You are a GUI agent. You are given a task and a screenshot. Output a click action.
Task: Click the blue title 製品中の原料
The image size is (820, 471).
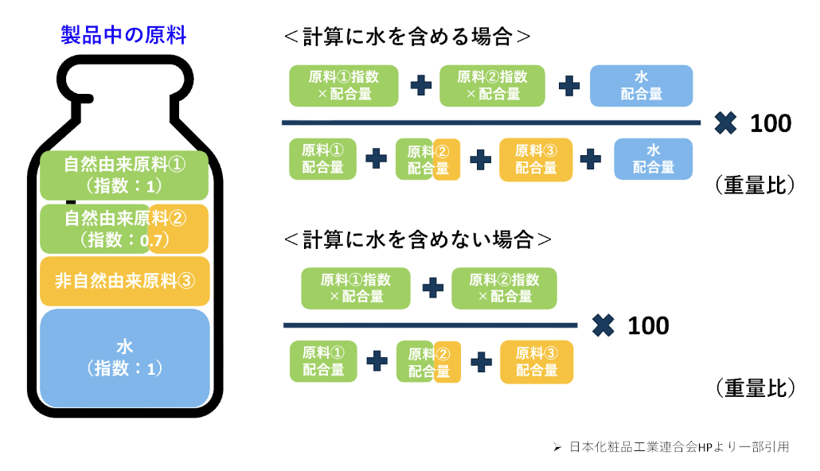[123, 35]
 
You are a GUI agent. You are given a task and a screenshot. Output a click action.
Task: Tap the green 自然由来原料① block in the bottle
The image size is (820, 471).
[123, 175]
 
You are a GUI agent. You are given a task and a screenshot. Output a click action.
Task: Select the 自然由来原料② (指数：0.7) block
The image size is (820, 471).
[123, 228]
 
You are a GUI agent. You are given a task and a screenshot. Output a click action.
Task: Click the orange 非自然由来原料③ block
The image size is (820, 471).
[124, 281]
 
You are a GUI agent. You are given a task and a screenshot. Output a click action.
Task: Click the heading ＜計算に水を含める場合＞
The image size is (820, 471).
[407, 37]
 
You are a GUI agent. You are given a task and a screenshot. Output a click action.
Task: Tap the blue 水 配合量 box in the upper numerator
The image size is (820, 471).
[641, 85]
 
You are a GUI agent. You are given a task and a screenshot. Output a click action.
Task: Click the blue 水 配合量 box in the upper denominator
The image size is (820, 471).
[653, 158]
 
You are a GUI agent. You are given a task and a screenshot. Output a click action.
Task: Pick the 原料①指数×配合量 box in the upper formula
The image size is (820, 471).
[343, 85]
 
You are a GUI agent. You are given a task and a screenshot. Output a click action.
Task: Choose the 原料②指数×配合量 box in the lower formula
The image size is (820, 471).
[504, 288]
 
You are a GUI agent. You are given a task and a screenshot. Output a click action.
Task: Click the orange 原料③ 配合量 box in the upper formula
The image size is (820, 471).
[536, 158]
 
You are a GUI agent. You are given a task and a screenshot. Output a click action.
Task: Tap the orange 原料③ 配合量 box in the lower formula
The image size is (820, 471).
[536, 362]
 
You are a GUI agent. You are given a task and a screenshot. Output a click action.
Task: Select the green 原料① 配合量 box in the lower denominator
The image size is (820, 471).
[323, 362]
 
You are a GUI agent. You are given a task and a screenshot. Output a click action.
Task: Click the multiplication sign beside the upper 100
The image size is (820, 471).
[724, 123]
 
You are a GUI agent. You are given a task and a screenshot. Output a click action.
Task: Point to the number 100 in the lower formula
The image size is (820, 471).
[648, 326]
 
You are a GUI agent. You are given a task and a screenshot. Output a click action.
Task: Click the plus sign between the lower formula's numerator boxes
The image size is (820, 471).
[432, 288]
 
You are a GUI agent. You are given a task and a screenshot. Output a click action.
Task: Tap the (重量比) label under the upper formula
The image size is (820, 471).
[755, 185]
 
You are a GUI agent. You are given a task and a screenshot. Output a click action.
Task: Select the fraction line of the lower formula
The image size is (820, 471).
[430, 325]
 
